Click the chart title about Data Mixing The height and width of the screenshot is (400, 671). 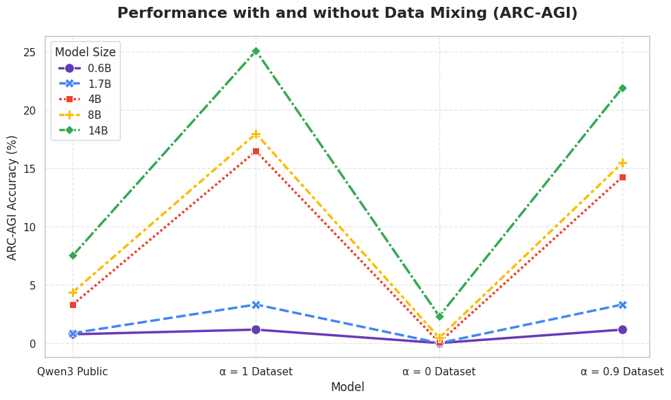[347, 13]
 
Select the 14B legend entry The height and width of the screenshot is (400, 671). [84, 130]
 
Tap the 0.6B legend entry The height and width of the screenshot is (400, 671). [85, 68]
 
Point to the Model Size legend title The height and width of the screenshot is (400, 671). [85, 52]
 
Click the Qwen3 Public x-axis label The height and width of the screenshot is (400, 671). [73, 371]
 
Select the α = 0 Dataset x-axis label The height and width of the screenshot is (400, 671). [439, 371]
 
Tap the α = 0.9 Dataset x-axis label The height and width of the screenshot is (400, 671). [622, 371]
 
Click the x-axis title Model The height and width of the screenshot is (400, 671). [347, 387]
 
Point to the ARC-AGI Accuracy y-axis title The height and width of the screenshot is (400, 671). [12, 198]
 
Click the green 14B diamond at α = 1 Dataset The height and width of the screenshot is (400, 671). [256, 51]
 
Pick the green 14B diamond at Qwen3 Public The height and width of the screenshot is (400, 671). [73, 256]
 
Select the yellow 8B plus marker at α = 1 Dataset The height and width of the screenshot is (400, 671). [256, 134]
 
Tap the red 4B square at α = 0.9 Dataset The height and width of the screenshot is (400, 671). [622, 177]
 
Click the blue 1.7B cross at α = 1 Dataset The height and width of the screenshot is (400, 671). [256, 305]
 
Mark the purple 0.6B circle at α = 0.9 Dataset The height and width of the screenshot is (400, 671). [622, 330]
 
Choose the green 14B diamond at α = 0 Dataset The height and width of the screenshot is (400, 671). [439, 317]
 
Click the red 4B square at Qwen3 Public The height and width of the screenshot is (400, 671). [73, 305]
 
